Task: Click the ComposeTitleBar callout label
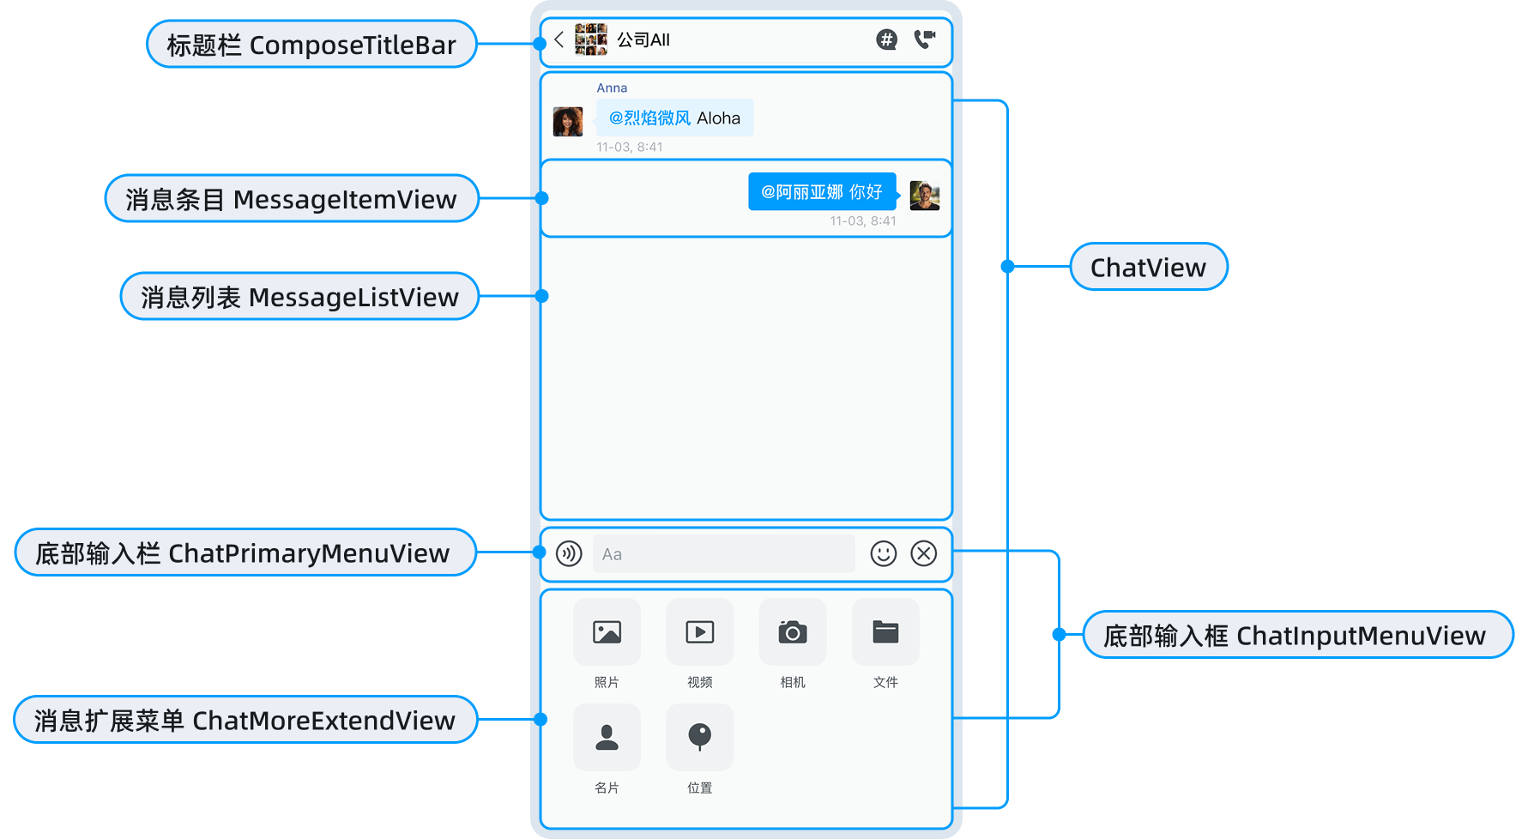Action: pyautogui.click(x=311, y=45)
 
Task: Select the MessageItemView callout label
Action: pyautogui.click(x=291, y=199)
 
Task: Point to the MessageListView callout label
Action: pyautogui.click(x=299, y=297)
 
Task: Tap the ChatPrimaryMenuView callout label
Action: pyautogui.click(x=245, y=553)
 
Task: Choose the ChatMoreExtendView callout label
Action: pyautogui.click(x=245, y=721)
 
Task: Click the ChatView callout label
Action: pyautogui.click(x=1148, y=268)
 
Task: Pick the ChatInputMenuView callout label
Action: pyautogui.click(x=1297, y=636)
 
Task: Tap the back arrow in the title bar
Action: pyautogui.click(x=559, y=39)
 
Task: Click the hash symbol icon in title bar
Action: pyautogui.click(x=886, y=39)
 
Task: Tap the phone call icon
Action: pyautogui.click(x=925, y=39)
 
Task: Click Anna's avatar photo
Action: pyautogui.click(x=568, y=122)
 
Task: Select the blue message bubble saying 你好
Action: pyautogui.click(x=822, y=192)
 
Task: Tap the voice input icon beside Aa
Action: pyautogui.click(x=569, y=554)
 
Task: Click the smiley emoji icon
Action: pyautogui.click(x=883, y=554)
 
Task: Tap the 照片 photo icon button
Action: pyautogui.click(x=607, y=633)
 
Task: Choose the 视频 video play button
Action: pyautogui.click(x=699, y=633)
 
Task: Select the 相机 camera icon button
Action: pyautogui.click(x=793, y=633)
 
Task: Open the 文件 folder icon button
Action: pyautogui.click(x=885, y=633)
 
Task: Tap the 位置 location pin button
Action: pyautogui.click(x=699, y=738)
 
